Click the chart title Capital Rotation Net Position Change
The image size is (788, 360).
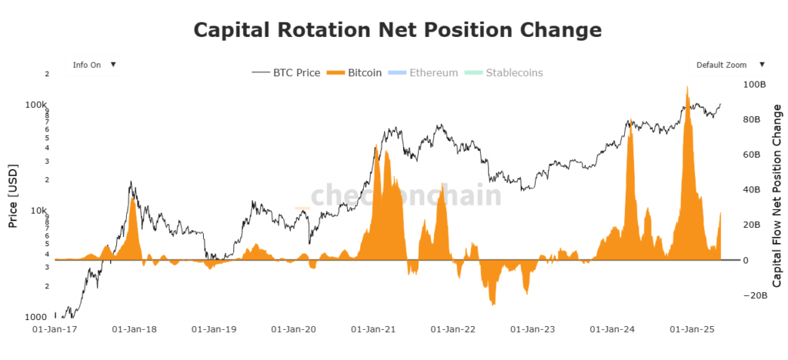pos(396,30)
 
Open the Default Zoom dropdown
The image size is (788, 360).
pos(730,65)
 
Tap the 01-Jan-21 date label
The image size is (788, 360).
pos(374,330)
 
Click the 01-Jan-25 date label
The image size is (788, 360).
pos(693,330)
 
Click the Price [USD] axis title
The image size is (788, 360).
pos(12,196)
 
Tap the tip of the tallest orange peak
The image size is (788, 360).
pos(686,85)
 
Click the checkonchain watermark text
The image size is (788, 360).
pos(406,195)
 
